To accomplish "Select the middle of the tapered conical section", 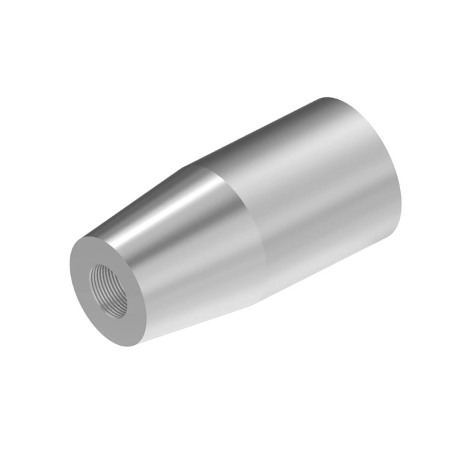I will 191,256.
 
